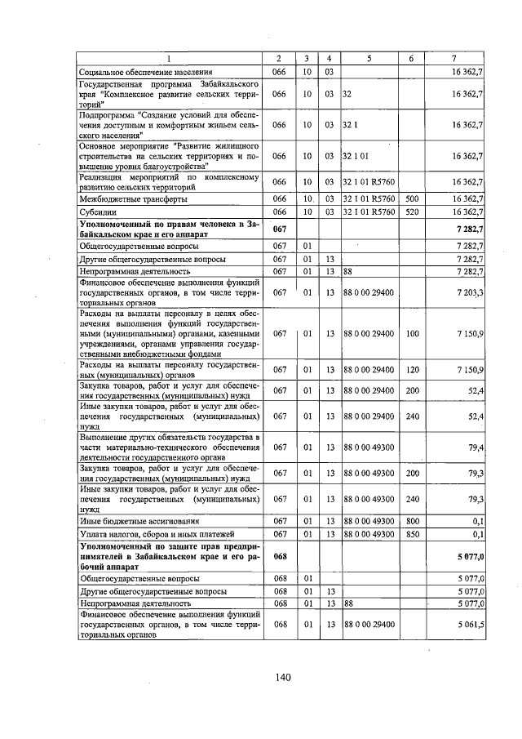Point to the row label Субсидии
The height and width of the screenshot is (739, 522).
coord(96,211)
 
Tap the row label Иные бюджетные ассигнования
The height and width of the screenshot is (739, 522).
coord(139,520)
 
